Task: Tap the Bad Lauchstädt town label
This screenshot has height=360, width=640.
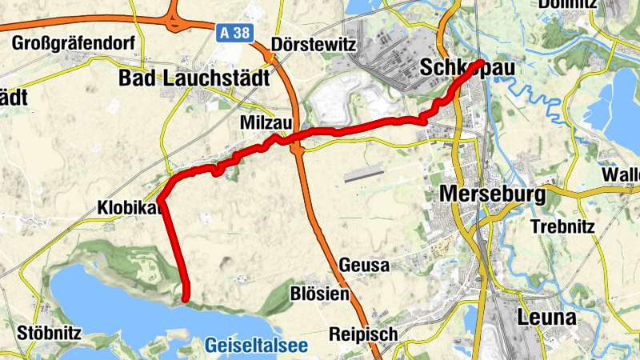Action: [194, 78]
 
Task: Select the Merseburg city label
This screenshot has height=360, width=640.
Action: [492, 194]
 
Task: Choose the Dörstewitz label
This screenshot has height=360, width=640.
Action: [313, 44]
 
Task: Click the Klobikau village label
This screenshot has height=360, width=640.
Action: [130, 208]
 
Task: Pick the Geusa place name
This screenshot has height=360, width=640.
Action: [364, 264]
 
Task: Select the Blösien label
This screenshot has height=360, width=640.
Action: [321, 294]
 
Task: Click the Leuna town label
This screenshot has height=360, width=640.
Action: [547, 318]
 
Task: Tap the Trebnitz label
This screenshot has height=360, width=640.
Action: [564, 226]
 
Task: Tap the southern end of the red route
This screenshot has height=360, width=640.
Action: [186, 298]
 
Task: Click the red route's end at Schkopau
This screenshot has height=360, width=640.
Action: [480, 62]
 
